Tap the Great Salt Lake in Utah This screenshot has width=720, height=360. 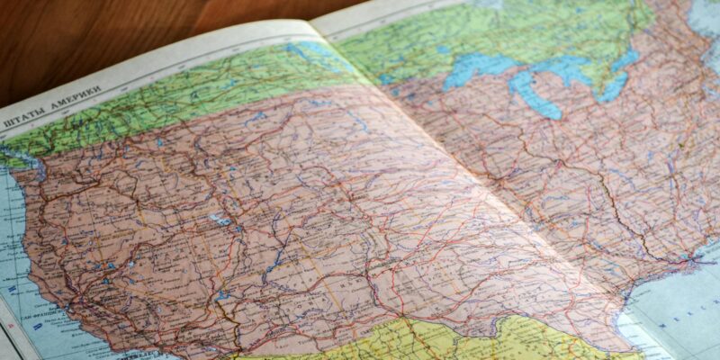pos(220,219)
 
